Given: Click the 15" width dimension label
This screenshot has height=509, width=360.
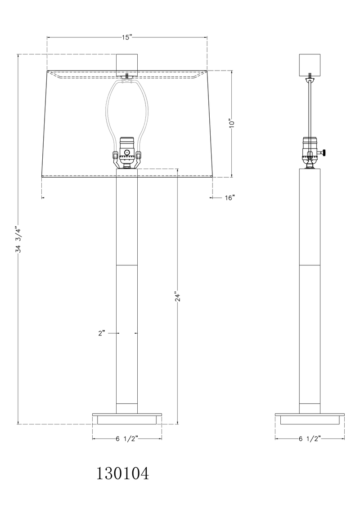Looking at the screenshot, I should click(x=126, y=38).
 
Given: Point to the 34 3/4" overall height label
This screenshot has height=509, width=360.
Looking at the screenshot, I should click(x=18, y=240).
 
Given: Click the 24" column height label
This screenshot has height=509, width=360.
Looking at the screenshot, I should click(x=178, y=297).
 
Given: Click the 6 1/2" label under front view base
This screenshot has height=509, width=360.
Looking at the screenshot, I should click(x=126, y=439).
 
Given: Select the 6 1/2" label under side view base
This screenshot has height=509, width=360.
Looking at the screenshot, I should click(x=310, y=439).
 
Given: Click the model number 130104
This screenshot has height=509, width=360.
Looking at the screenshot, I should click(x=122, y=473).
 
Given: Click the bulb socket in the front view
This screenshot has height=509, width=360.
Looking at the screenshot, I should click(x=127, y=151).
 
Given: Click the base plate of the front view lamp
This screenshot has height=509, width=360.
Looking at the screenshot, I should click(x=127, y=414).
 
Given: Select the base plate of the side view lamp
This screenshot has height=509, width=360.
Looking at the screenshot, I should click(x=310, y=414).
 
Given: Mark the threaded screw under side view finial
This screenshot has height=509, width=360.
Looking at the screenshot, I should click(x=310, y=76).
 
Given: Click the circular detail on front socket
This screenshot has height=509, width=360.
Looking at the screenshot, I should click(x=127, y=152).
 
